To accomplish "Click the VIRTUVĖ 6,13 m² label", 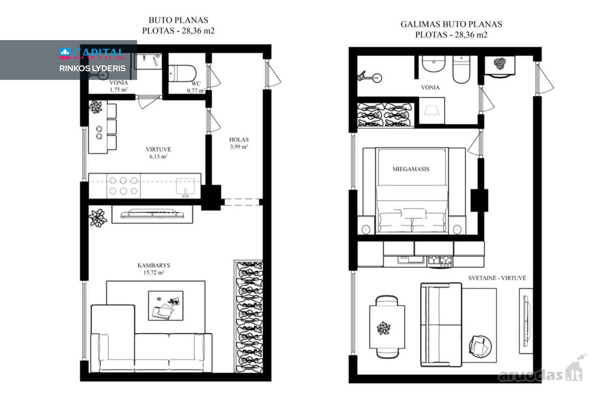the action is pyautogui.click(x=158, y=153).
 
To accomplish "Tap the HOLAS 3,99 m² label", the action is pyautogui.click(x=239, y=143).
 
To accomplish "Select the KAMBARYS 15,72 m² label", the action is pyautogui.click(x=154, y=269).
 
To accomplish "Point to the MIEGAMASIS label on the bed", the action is pyautogui.click(x=411, y=169).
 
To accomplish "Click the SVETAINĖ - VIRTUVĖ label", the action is pyautogui.click(x=497, y=278).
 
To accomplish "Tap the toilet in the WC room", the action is pyautogui.click(x=182, y=73).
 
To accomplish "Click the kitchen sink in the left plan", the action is pyautogui.click(x=185, y=186).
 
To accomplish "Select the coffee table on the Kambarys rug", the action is pyautogui.click(x=166, y=305).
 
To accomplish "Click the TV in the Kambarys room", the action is pyautogui.click(x=152, y=214).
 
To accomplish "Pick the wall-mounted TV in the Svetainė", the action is pyautogui.click(x=526, y=321).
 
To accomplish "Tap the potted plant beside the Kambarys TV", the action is pyautogui.click(x=98, y=218).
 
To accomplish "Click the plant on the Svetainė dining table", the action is pyautogui.click(x=384, y=328).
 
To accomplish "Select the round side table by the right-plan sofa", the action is pyautogui.click(x=480, y=346).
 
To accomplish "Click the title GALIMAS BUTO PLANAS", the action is pyautogui.click(x=451, y=24).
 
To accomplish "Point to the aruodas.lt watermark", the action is pyautogui.click(x=541, y=370).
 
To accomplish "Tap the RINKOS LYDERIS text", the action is pyautogui.click(x=92, y=69).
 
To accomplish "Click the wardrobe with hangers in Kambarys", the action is pyautogui.click(x=248, y=316).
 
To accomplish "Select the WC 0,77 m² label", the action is pyautogui.click(x=196, y=87).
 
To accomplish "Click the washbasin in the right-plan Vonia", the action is pyautogui.click(x=434, y=64).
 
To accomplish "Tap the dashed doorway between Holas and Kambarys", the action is pyautogui.click(x=242, y=202).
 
